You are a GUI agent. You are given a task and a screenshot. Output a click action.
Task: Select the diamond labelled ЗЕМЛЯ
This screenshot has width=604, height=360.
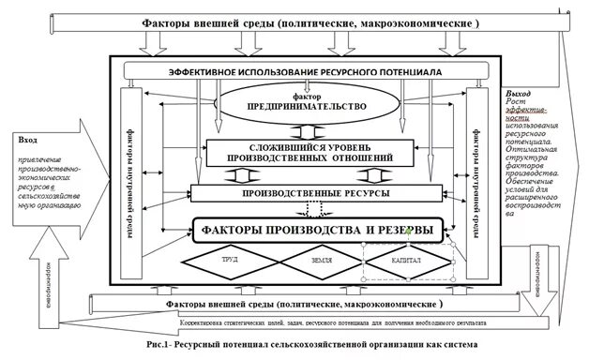pyautogui.click(x=314, y=258)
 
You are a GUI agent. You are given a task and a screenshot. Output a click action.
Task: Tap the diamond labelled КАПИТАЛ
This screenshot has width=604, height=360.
pyautogui.click(x=407, y=258)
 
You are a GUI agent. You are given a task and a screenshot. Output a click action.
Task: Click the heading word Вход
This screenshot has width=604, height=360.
pyautogui.click(x=29, y=138)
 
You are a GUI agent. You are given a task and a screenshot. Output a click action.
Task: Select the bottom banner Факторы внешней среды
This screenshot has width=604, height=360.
pyautogui.click(x=303, y=305)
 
